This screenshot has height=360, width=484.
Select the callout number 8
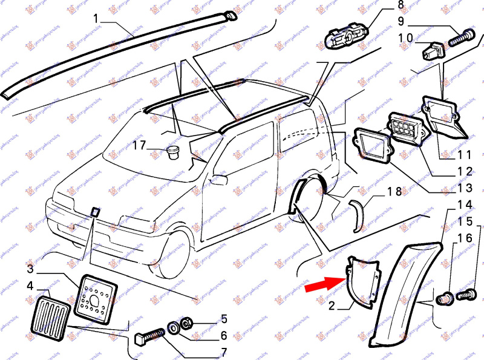[400, 7]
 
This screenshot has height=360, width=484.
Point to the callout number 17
[139, 145]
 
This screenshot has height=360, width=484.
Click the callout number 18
[394, 191]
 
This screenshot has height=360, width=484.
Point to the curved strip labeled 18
[361, 215]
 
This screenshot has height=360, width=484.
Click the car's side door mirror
[218, 179]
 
